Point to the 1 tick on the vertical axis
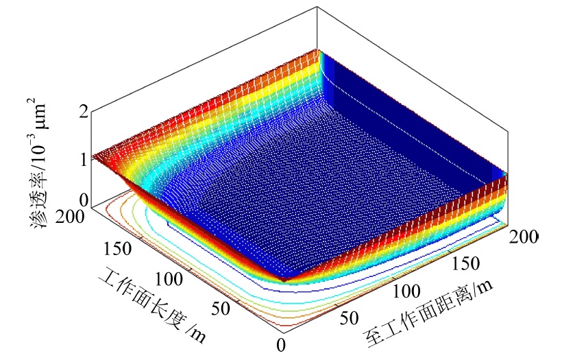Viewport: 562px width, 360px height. (x=84, y=158)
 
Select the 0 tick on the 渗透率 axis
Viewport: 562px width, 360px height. (x=84, y=201)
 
